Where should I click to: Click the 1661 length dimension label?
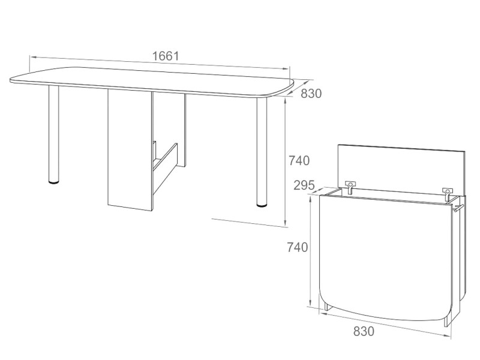pyautogui.click(x=166, y=56)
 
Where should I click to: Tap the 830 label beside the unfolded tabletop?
pyautogui.click(x=311, y=94)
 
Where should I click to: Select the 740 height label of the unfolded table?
pyautogui.click(x=299, y=160)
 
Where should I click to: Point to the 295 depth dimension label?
pyautogui.click(x=304, y=185)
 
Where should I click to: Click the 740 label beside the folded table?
pyautogui.click(x=297, y=247)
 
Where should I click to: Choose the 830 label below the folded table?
pyautogui.click(x=364, y=331)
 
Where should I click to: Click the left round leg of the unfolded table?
pyautogui.click(x=53, y=134)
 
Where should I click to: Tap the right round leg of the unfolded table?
pyautogui.click(x=262, y=152)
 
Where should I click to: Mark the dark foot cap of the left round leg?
pyautogui.click(x=54, y=182)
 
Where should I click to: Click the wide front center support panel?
pyautogui.click(x=130, y=150)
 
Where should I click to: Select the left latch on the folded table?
pyautogui.click(x=350, y=187)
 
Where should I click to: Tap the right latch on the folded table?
pyautogui.click(x=447, y=194)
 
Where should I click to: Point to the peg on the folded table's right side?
pyautogui.click(x=458, y=208)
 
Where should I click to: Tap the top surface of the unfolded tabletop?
pyautogui.click(x=152, y=81)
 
